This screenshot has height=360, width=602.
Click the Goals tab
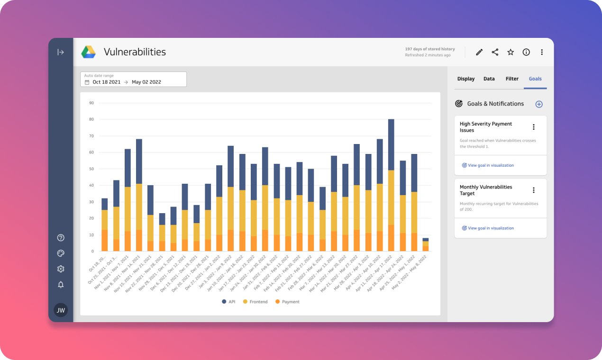point(535,79)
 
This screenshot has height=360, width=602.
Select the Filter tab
point(512,79)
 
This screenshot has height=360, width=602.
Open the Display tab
point(466,79)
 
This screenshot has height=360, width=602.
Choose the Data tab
point(489,79)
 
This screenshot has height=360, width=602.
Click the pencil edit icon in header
point(479,52)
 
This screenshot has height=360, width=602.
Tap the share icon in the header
point(495,52)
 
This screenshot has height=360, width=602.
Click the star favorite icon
point(511,52)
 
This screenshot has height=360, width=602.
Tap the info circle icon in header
point(526,52)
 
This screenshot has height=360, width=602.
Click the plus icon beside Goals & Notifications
point(539,104)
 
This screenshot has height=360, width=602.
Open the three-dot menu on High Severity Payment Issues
point(534,127)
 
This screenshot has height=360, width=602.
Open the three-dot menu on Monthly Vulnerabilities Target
point(534,190)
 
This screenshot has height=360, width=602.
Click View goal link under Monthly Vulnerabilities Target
point(491,228)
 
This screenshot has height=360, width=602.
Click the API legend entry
point(229,302)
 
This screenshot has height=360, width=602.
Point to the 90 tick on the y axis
point(91,103)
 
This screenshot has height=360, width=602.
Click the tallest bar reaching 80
point(391,185)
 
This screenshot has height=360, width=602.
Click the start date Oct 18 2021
point(107,82)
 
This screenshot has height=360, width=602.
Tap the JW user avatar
point(61,310)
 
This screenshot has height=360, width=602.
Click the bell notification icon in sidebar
point(61,285)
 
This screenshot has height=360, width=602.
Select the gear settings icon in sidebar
point(61,269)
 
